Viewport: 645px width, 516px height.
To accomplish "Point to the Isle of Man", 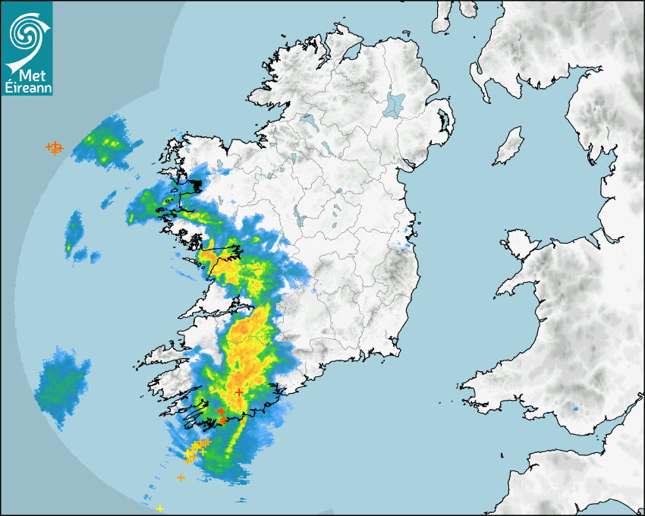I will pos(508,146).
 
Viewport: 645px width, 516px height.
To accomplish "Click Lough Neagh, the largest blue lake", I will pos(395,104).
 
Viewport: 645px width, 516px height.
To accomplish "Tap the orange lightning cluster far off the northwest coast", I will pos(54,147).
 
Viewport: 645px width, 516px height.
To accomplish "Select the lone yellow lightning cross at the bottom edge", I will pos(159,508).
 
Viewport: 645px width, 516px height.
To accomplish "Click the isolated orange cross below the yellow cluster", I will pos(181,477).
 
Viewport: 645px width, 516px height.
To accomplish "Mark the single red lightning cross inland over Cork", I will pos(239,392).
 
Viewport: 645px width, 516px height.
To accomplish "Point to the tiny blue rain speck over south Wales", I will pos(574,410).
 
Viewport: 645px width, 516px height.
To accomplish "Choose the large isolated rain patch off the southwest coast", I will pos(62,383).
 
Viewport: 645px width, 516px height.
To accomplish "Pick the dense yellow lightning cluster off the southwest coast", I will pos(194,449).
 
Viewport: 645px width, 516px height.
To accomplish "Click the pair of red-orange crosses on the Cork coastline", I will pos(221,414).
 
